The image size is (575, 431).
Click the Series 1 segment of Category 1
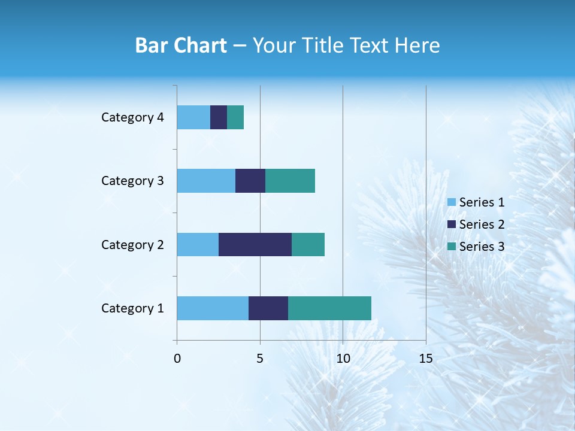coord(213,308)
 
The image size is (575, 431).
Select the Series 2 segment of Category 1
coord(268,308)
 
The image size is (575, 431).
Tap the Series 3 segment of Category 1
coord(329,308)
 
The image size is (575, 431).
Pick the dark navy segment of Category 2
coord(255,244)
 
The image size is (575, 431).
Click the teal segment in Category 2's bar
coord(308,244)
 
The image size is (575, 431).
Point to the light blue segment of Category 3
coord(206,180)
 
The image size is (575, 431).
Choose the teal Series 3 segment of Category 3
coord(290,180)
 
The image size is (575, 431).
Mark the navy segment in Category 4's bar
coord(219,117)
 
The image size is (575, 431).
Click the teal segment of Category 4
coord(235,117)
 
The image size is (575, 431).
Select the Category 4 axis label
coord(132,117)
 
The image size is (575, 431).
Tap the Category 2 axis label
coord(132,245)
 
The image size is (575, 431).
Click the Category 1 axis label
coord(132,308)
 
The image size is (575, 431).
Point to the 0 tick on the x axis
coord(177,359)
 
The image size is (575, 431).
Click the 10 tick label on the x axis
coord(343,359)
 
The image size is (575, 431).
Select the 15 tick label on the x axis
coord(425,359)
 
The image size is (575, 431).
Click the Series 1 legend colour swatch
coord(452,202)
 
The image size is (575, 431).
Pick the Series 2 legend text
coord(482,224)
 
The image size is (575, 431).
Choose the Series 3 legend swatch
coord(452,247)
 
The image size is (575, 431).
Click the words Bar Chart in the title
coord(181,45)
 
